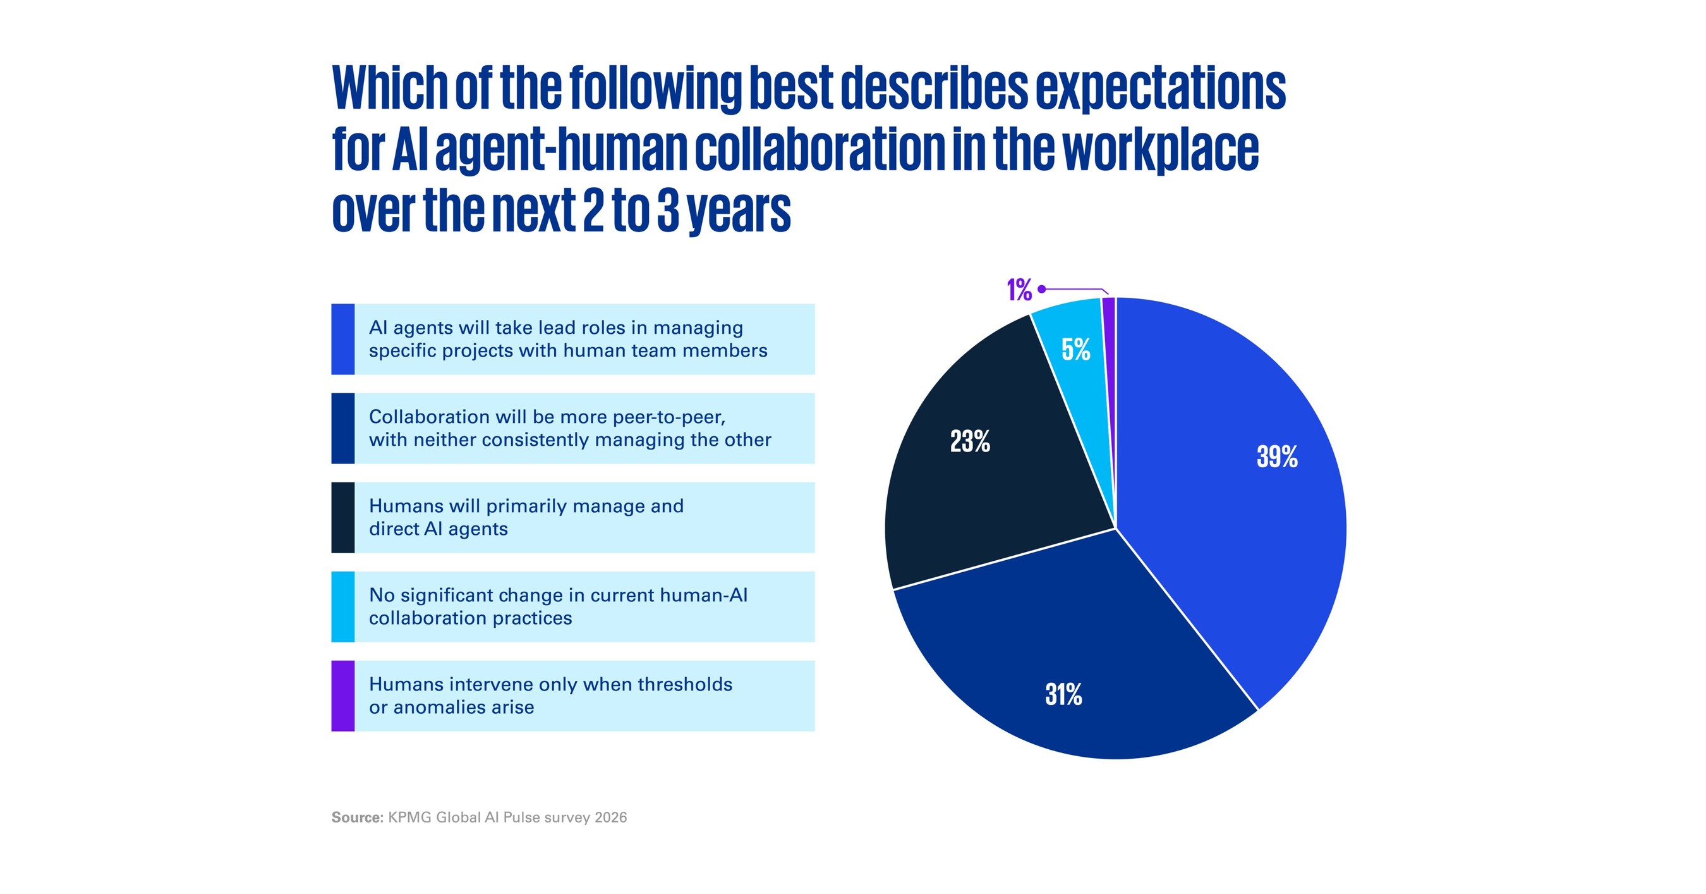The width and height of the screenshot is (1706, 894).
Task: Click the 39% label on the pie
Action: [1277, 456]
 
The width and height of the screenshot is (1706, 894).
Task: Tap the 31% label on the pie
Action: [1063, 694]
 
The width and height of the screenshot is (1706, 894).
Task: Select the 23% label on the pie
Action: [971, 441]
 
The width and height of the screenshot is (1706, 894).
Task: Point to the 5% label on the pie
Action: [1075, 349]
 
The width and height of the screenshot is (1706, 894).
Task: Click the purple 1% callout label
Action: [1019, 290]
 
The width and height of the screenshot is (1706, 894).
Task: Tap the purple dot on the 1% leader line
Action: [1042, 289]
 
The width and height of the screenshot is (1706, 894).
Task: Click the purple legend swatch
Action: [343, 696]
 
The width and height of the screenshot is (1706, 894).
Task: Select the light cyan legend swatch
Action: [343, 606]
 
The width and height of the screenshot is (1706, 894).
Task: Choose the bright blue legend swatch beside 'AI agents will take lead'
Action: [343, 340]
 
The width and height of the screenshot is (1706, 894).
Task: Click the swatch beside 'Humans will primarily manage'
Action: [343, 518]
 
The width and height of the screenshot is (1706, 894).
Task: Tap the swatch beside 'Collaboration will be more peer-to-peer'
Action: [343, 428]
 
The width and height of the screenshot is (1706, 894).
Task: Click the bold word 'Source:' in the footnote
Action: [358, 817]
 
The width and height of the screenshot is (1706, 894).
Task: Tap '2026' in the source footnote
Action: [610, 817]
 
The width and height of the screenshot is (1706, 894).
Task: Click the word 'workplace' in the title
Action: [1161, 150]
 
